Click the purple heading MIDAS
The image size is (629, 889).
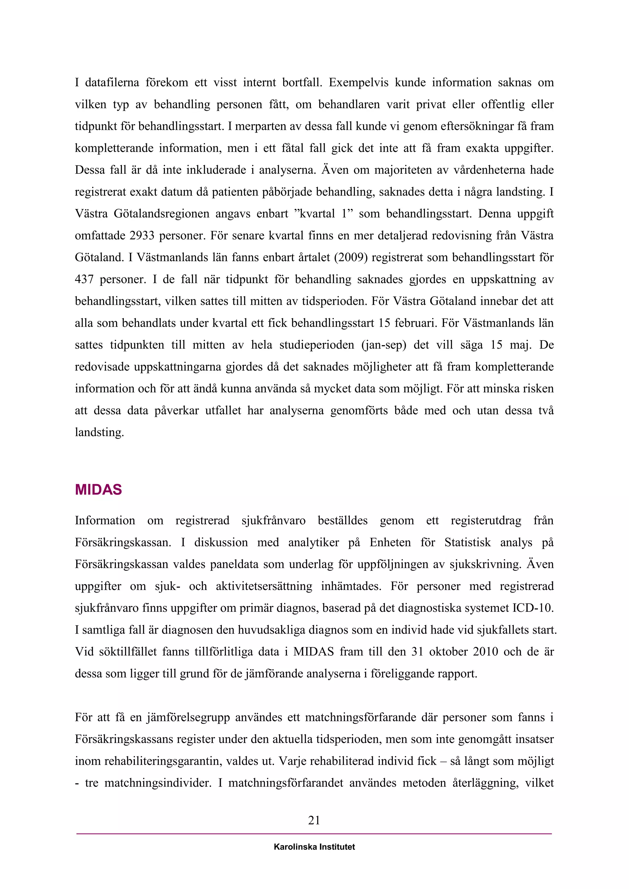pyautogui.click(x=98, y=490)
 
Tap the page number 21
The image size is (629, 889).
pyautogui.click(x=314, y=820)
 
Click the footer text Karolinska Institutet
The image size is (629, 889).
pyautogui.click(x=314, y=847)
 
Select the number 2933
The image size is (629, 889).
pyautogui.click(x=142, y=235)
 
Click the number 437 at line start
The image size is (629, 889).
pyautogui.click(x=84, y=279)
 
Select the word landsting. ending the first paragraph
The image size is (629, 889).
pyautogui.click(x=100, y=433)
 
